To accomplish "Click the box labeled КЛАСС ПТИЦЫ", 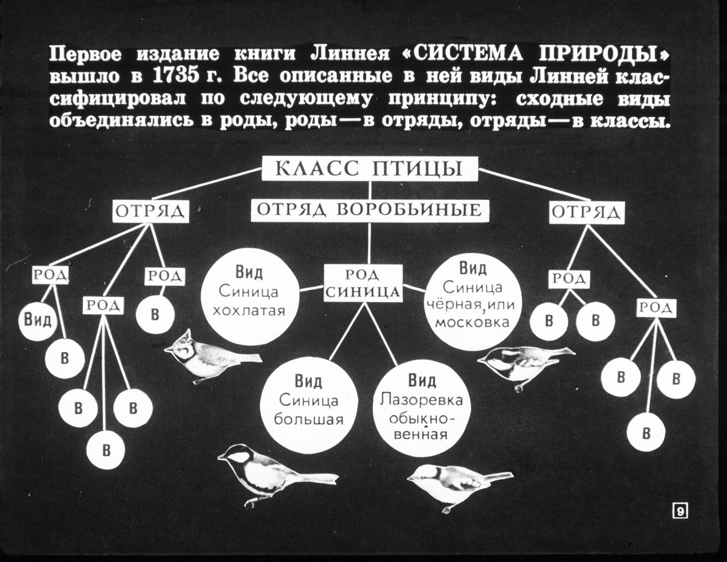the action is [x=370, y=169].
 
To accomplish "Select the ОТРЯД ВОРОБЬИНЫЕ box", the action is [x=370, y=211].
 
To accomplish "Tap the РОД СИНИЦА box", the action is [x=363, y=283].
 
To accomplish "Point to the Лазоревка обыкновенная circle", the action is [x=422, y=408].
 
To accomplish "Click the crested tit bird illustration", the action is [x=213, y=357].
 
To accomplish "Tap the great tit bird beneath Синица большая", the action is [x=278, y=475].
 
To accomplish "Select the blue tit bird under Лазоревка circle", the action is [x=460, y=488].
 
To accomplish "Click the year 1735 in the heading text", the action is [x=173, y=76].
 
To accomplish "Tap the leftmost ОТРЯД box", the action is [x=151, y=212].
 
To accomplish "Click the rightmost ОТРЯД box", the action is [x=587, y=212].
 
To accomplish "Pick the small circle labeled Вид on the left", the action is [x=37, y=321].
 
